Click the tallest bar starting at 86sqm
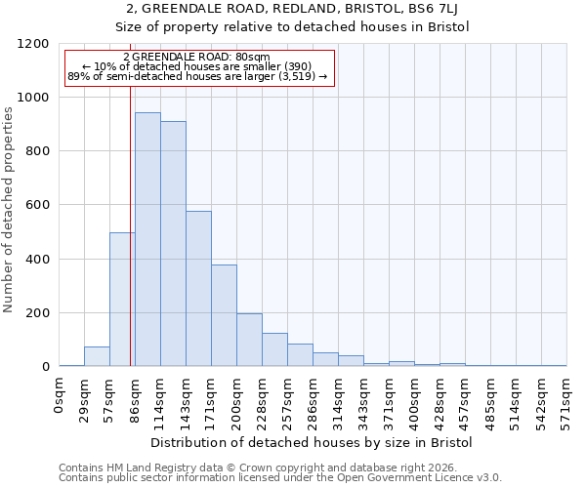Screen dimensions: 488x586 147,239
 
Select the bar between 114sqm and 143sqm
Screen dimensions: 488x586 173,244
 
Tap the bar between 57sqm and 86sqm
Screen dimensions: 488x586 122,300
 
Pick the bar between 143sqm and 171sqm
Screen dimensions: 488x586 198,289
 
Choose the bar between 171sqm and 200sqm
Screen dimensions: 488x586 224,315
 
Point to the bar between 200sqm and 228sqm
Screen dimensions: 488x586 249,340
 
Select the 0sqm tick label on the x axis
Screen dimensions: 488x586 60,396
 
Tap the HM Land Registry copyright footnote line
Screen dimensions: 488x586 259,468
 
